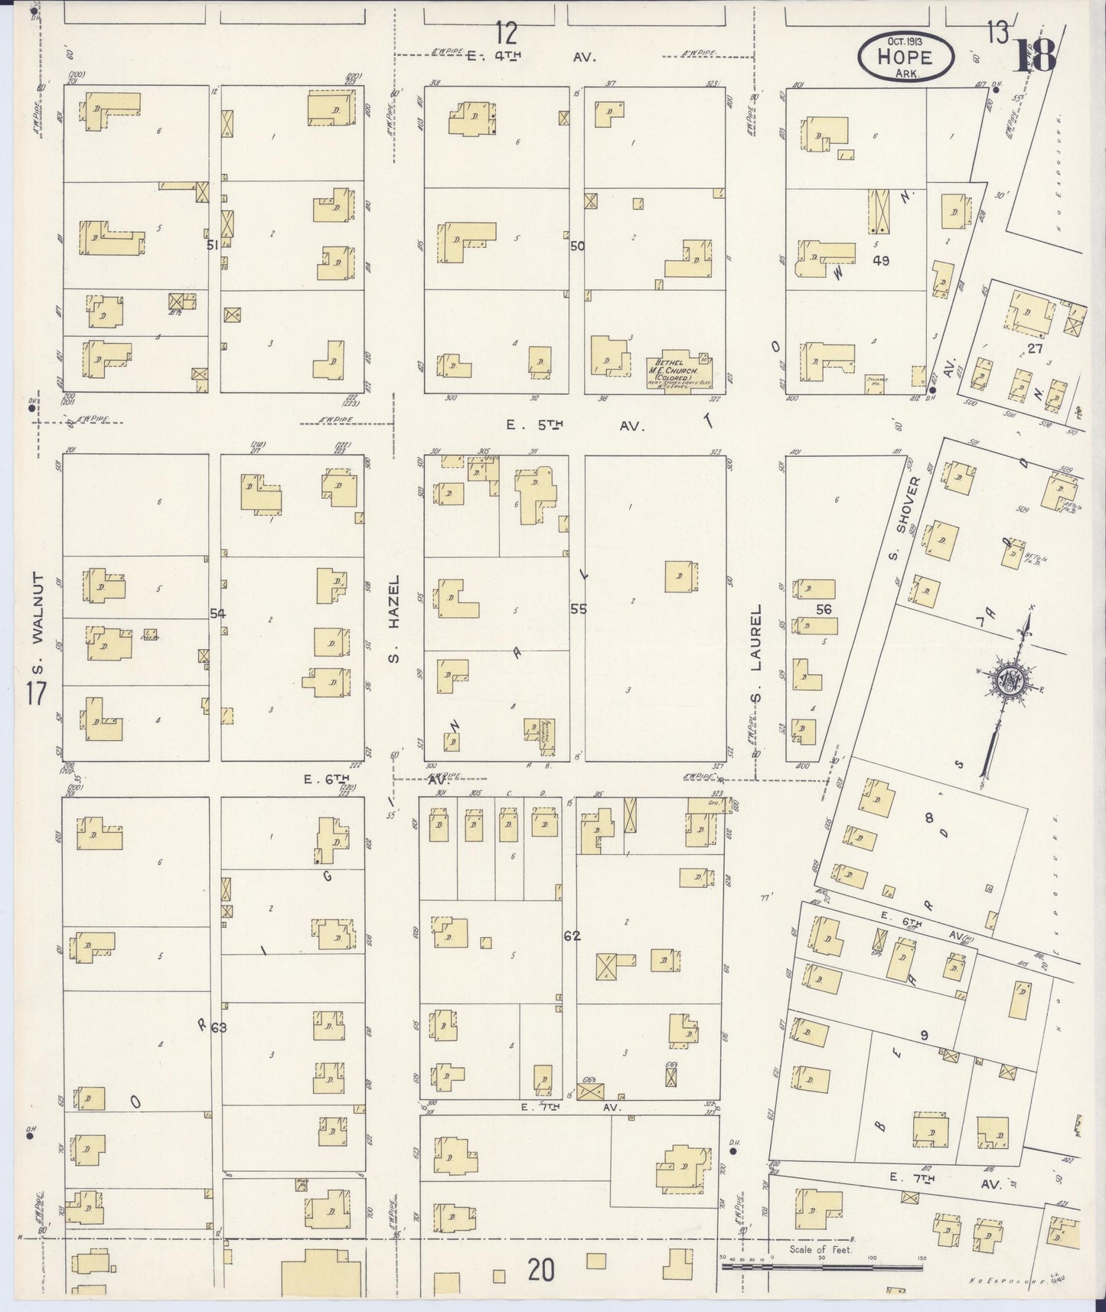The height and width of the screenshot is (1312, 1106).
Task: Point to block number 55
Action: tap(578, 609)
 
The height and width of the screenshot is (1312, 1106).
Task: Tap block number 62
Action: tap(571, 935)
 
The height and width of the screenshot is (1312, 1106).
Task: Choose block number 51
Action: tap(214, 245)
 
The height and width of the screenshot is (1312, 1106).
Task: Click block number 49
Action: tap(880, 260)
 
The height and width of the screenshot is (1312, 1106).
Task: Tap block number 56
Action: tap(824, 609)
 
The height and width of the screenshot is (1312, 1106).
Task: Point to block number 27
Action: tap(1035, 348)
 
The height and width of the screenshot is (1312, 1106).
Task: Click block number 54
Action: tap(218, 613)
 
